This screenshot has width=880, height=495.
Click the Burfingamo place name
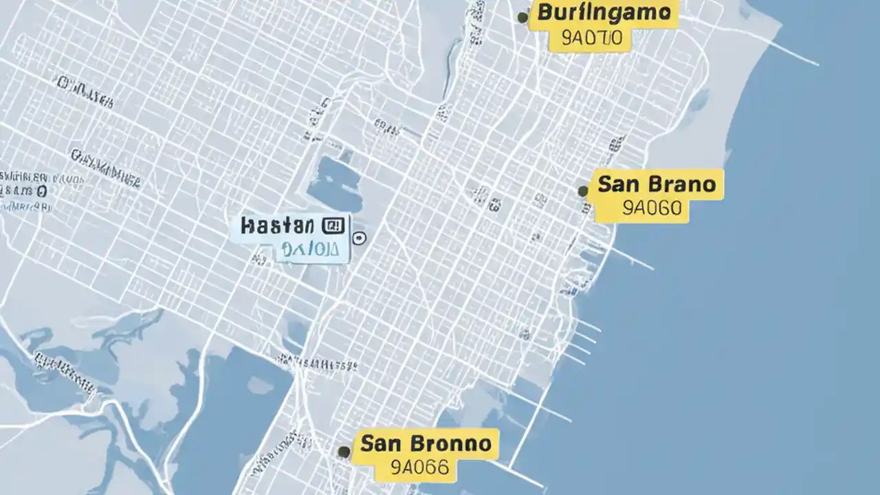pyautogui.click(x=604, y=12)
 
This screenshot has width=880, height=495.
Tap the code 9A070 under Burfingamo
pyautogui.click(x=591, y=39)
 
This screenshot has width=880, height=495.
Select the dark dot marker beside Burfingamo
pyautogui.click(x=522, y=17)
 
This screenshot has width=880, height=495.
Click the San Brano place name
pyautogui.click(x=657, y=184)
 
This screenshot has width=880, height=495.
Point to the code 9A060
pyautogui.click(x=651, y=208)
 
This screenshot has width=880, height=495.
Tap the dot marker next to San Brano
pyautogui.click(x=583, y=191)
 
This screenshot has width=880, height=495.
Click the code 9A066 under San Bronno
pyautogui.click(x=419, y=468)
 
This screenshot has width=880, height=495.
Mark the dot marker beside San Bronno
pyautogui.click(x=344, y=452)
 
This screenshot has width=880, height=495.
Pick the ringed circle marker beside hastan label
pyautogui.click(x=359, y=239)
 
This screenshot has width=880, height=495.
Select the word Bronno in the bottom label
pyautogui.click(x=453, y=443)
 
